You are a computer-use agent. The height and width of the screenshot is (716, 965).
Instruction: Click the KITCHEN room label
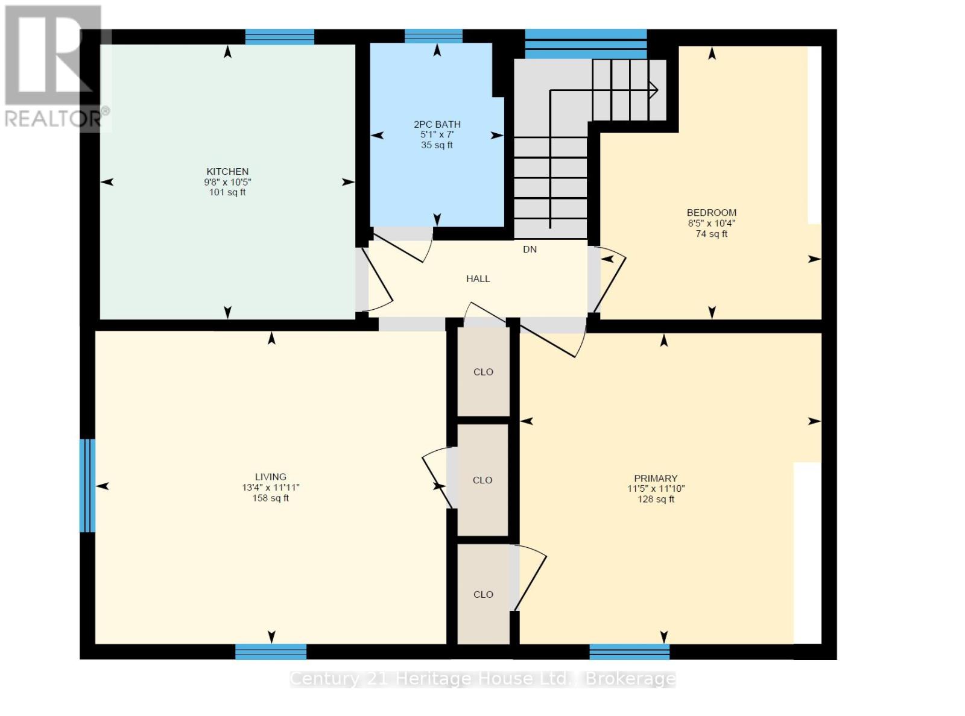227,172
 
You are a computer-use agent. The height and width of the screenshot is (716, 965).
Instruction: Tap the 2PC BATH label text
437,124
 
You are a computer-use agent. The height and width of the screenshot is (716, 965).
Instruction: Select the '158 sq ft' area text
270,498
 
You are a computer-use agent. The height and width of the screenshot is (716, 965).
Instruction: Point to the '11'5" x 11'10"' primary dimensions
656,489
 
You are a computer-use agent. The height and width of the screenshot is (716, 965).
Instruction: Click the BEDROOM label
711,213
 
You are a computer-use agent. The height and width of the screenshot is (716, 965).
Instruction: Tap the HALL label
478,278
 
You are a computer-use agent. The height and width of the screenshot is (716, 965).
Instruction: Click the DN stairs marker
530,250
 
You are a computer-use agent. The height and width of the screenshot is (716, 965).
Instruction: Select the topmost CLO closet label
483,372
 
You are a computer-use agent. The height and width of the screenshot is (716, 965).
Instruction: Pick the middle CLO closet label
482,480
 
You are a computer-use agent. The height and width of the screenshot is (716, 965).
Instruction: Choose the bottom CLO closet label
483,594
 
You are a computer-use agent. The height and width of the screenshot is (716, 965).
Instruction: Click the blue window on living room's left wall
87,486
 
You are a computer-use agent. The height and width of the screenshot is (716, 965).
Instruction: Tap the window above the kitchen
279,37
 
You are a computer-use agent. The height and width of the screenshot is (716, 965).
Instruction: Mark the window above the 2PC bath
433,36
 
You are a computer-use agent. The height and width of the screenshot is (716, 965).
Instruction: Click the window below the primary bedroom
629,652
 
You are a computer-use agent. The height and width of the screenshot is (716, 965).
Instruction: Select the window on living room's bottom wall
270,652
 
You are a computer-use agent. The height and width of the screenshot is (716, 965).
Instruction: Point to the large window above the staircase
586,43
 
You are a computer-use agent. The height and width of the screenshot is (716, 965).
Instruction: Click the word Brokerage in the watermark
630,679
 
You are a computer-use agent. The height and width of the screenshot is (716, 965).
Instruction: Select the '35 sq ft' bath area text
437,145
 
